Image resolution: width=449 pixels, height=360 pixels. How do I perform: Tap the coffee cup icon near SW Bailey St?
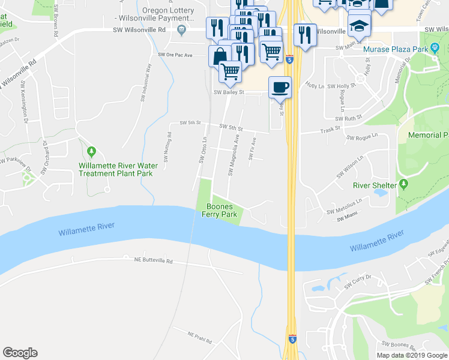pyautogui.click(x=280, y=88)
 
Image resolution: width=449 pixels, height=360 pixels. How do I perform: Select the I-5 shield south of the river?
pyautogui.click(x=291, y=339)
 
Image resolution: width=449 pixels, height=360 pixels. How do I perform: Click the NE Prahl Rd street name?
pyautogui.click(x=200, y=337)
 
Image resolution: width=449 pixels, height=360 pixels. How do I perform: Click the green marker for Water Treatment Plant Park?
pyautogui.click(x=91, y=151)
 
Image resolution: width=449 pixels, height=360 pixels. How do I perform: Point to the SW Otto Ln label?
pyautogui.click(x=203, y=149)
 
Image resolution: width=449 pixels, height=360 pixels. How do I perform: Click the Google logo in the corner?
pyautogui.click(x=20, y=353)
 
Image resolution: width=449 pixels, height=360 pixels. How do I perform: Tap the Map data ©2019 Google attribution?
pyautogui.click(x=412, y=355)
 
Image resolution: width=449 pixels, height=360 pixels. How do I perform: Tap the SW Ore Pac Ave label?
pyautogui.click(x=175, y=55)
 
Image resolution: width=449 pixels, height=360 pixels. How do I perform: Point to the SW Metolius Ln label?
pyautogui.click(x=345, y=206)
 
